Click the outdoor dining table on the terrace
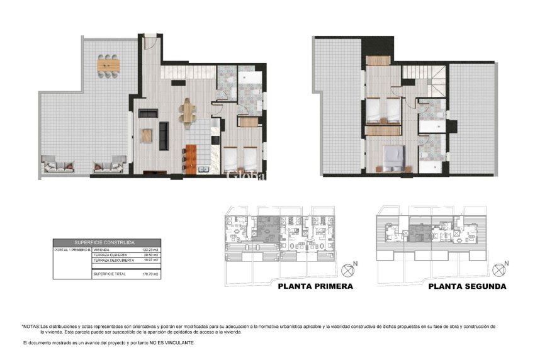pos(108,64)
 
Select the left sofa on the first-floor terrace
pos(51,167)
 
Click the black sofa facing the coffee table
pos(164,133)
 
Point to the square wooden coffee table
pos(147,135)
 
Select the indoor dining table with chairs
pos(189,112)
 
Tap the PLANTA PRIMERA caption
pos(315,286)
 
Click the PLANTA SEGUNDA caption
pos(467,286)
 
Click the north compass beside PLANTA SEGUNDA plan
pos(500,271)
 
